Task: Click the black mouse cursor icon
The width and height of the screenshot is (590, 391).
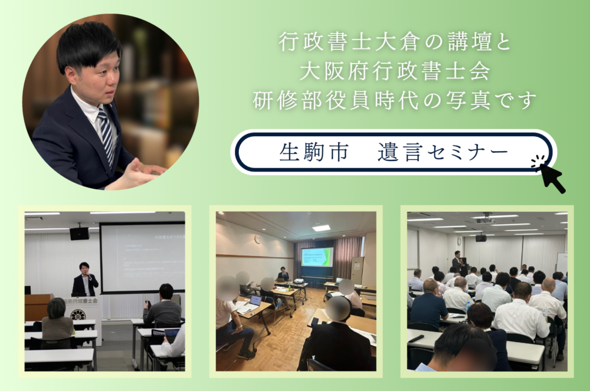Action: (x=551, y=175)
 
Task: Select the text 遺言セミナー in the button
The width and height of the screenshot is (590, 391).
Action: (x=442, y=152)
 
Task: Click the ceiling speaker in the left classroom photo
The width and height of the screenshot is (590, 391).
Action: (x=79, y=234)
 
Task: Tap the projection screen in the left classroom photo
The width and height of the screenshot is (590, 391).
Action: (x=142, y=257)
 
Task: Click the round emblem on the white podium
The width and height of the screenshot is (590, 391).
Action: (x=77, y=314)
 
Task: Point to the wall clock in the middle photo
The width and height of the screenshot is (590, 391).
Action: (x=257, y=239)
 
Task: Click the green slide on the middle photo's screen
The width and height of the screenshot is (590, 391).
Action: (x=317, y=257)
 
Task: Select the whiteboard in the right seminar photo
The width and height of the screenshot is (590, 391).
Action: (x=561, y=263)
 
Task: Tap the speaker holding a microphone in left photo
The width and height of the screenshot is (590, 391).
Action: (x=84, y=280)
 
